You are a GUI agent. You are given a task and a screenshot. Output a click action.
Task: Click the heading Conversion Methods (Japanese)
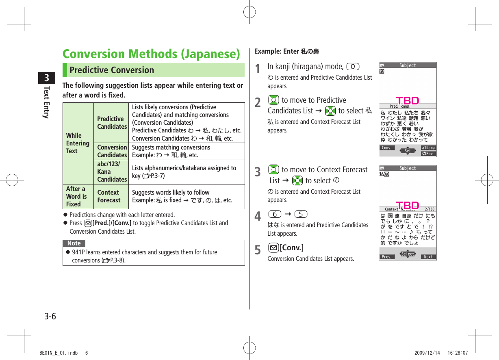pos(151,54)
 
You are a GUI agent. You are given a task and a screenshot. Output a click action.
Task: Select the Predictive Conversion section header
pos(112,70)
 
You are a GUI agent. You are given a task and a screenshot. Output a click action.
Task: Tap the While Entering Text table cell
pos(78,143)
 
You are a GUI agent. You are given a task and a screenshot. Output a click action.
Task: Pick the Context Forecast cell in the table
pos(108,196)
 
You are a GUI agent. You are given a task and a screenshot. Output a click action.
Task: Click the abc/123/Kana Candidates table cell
pos(112,172)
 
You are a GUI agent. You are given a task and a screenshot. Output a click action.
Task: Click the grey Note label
pos(74,243)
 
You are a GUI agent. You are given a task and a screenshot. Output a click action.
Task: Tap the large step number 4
pos(258,217)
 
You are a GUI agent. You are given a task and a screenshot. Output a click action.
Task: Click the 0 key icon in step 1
pos(354,66)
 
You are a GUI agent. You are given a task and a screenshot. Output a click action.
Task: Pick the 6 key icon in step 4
pos(275,214)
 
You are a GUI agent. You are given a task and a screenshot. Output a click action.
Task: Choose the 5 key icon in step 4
pos(300,214)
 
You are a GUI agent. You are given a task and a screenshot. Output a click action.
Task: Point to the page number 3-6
pos(50,316)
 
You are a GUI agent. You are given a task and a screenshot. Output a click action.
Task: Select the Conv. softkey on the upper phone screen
pos(386,148)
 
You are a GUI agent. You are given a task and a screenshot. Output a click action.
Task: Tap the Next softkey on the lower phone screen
pos(428,257)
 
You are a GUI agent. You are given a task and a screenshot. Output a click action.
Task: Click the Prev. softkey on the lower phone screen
pos(387,257)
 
